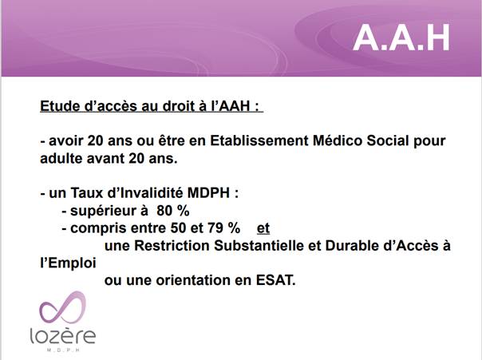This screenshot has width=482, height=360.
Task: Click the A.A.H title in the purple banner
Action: pos(401,38)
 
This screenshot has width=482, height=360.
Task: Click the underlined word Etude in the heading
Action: pos(58,106)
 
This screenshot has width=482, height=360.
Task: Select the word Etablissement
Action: pos(259,140)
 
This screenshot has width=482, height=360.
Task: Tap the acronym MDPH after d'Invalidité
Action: pos(208,193)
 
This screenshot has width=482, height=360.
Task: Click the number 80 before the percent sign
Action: pos(164,211)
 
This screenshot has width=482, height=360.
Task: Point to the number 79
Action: pos(215,228)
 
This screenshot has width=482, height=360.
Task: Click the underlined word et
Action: pos(263,228)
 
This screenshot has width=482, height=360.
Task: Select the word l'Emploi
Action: pos(69,263)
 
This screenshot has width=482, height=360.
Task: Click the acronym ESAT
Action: pos(275,280)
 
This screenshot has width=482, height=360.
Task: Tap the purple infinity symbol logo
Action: pos(63,307)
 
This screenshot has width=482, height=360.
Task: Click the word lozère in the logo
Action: pos(63,336)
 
